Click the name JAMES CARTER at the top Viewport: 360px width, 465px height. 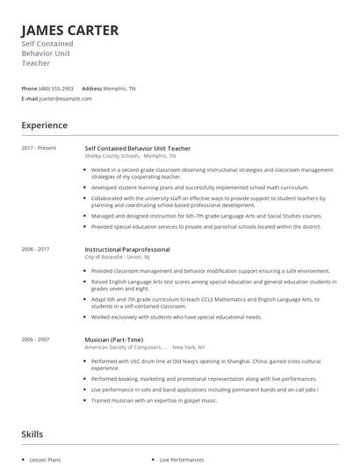pos(69,30)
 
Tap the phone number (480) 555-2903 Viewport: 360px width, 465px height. pos(57,89)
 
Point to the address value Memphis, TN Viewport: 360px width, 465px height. pos(119,89)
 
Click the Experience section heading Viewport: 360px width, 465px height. pos(45,125)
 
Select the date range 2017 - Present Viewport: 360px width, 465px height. pos(39,148)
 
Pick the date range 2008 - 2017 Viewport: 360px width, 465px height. pos(36,249)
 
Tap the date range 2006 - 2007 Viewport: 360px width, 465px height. pos(36,340)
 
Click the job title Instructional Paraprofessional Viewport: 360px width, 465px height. pos(127,249)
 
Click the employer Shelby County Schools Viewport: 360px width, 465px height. pos(118,155)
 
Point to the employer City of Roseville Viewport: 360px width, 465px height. pos(104,256)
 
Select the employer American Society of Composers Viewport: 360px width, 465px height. pos(124,347)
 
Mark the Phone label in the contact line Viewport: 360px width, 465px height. pos(29,89)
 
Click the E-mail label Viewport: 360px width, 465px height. pos(30,98)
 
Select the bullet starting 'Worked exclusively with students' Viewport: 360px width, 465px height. pos(176,317)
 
